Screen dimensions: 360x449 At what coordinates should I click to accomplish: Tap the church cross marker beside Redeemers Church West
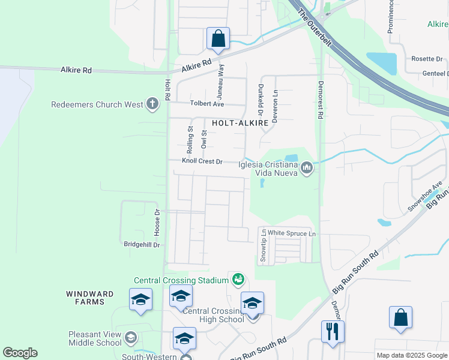click(x=152, y=104)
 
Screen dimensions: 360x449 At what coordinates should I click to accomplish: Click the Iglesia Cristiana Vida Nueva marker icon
click(x=307, y=167)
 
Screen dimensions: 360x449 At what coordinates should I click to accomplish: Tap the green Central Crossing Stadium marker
click(x=238, y=279)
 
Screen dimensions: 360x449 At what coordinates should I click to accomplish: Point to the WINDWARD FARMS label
click(x=85, y=297)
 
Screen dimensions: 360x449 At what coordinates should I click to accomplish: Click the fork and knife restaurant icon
click(x=333, y=331)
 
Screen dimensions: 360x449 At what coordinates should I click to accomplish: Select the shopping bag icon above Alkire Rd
click(x=218, y=38)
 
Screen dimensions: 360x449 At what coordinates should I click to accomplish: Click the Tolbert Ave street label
click(x=206, y=104)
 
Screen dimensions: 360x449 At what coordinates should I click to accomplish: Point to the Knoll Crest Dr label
click(x=202, y=161)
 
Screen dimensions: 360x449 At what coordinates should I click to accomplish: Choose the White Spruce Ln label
click(x=291, y=233)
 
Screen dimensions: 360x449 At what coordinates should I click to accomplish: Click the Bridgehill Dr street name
click(x=142, y=245)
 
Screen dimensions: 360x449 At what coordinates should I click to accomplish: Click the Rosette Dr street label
click(x=426, y=59)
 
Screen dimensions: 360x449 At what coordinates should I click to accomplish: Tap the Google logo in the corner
click(x=20, y=353)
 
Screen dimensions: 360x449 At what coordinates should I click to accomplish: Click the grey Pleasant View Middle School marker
click(x=130, y=339)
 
